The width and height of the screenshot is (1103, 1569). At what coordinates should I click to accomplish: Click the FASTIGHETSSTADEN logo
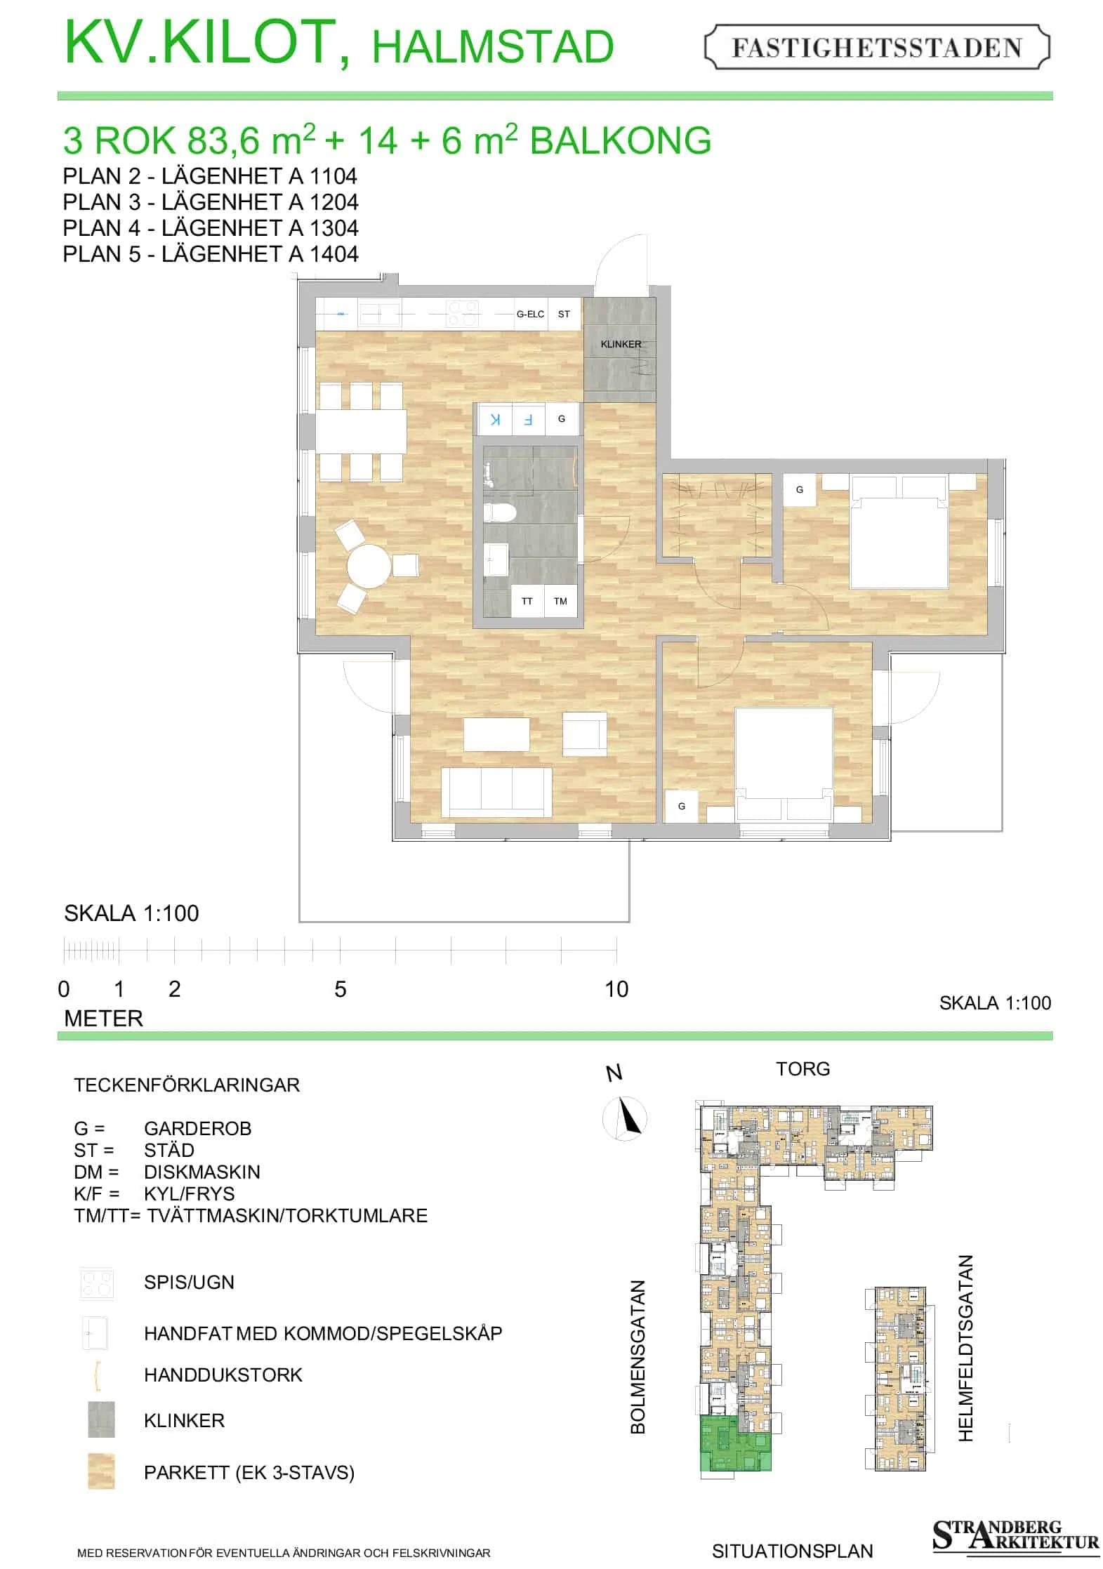point(876,47)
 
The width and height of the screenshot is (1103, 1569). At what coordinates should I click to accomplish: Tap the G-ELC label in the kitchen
point(530,315)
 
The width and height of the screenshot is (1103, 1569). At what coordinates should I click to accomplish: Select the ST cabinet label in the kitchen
point(564,315)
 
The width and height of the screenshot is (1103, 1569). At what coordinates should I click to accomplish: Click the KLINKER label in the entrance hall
point(621,344)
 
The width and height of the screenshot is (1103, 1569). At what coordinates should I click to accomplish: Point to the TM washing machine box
point(560,601)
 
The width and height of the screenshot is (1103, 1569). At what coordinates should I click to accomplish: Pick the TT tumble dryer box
point(527,601)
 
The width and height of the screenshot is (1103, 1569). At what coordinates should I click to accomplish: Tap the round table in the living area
point(369,566)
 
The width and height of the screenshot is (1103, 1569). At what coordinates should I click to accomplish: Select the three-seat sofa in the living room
point(496,792)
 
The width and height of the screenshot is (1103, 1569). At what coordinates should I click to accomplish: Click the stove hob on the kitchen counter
point(463,314)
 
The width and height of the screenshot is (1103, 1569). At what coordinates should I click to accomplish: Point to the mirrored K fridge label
point(496,420)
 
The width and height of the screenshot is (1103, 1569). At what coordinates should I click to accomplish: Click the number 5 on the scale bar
point(341,989)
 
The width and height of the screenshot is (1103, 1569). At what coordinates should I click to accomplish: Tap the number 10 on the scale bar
point(616,989)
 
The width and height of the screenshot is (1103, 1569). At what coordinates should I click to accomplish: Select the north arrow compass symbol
point(625,1118)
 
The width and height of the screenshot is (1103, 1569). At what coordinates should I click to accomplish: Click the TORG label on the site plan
point(803,1069)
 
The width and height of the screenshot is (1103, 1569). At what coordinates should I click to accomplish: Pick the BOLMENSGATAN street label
point(638,1357)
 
